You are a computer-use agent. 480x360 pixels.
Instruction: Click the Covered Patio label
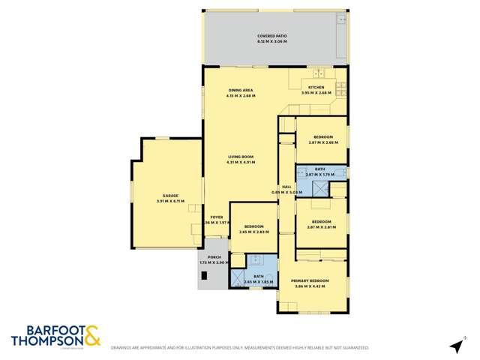[272, 35]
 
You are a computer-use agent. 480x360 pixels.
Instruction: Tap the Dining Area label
[241, 90]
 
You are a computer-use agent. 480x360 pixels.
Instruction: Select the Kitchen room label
[316, 87]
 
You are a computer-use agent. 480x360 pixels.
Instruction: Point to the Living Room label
[241, 156]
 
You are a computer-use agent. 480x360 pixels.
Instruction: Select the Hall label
[286, 187]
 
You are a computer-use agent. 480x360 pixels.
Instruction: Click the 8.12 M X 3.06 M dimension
[272, 41]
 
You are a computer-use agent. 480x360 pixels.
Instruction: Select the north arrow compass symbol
[455, 346]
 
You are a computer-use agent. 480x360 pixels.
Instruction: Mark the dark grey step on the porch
[202, 278]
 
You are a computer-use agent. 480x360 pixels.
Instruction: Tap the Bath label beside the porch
[258, 276]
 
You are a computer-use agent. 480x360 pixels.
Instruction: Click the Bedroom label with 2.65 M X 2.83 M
[253, 226]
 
